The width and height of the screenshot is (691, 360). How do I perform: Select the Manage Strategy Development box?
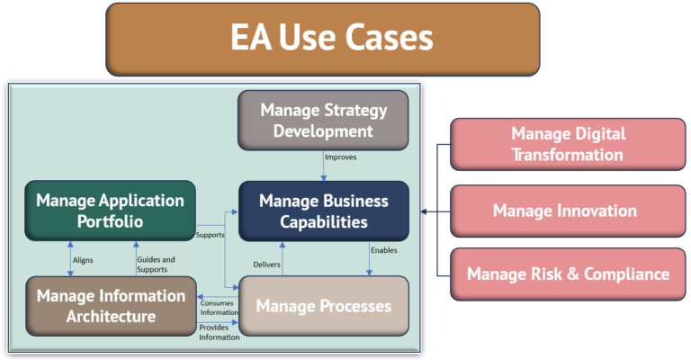click(323, 121)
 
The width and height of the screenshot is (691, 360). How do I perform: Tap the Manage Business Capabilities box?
click(324, 211)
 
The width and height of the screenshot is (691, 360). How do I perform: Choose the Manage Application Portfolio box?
click(110, 211)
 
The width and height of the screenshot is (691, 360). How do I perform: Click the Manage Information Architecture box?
click(110, 305)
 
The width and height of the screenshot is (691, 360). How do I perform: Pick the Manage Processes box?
click(323, 306)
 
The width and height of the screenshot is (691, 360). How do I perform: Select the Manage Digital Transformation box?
click(567, 144)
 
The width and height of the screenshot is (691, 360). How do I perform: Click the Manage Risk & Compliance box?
click(567, 274)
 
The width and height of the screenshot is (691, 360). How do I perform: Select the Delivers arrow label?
click(265, 265)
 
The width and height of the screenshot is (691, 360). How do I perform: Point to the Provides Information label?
click(220, 331)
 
